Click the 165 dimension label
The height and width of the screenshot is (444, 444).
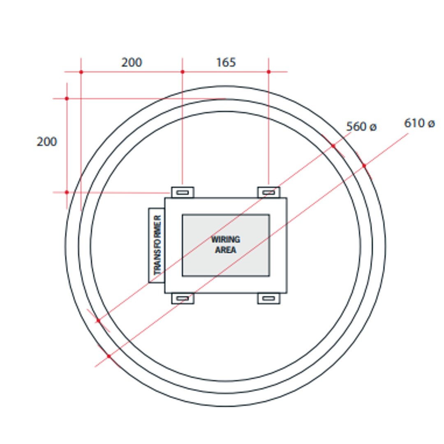click(x=226, y=62)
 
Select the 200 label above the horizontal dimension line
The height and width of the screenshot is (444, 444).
click(x=132, y=62)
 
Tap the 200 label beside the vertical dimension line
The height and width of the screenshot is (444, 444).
click(x=47, y=142)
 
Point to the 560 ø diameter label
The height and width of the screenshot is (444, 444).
click(x=361, y=127)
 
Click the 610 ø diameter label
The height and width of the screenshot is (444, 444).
click(x=419, y=123)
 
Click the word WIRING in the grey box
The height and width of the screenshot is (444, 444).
click(x=226, y=239)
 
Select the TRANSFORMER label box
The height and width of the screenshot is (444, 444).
click(x=157, y=245)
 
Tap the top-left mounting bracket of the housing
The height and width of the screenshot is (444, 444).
click(x=183, y=192)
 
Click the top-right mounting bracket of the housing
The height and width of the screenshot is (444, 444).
click(x=269, y=192)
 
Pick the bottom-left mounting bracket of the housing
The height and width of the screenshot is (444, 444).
click(x=183, y=298)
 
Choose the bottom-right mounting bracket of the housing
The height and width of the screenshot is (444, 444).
click(x=269, y=298)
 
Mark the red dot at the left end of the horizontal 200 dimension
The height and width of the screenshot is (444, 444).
click(x=81, y=72)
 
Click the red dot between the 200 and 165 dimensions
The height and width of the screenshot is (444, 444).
click(x=183, y=72)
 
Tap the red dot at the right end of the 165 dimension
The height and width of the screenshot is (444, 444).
click(x=269, y=72)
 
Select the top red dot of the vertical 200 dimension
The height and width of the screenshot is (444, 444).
click(x=67, y=99)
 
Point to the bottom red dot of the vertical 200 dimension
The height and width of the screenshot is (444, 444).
click(x=67, y=192)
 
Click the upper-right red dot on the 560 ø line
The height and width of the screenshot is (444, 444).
click(x=333, y=146)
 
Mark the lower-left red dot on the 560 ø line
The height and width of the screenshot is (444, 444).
click(x=98, y=321)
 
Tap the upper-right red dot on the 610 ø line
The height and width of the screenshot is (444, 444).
click(x=364, y=166)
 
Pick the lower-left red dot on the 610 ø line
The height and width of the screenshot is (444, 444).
click(x=109, y=356)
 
